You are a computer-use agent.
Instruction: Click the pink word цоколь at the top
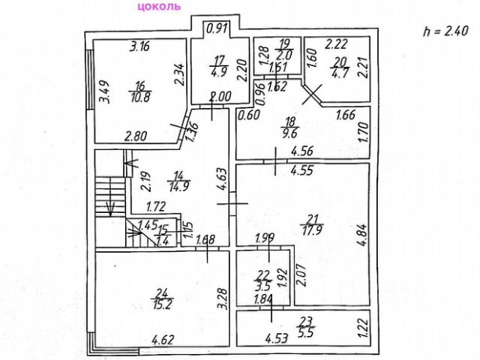click(158, 7)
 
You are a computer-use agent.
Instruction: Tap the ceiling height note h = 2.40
click(445, 31)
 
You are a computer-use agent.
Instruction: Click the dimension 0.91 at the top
click(217, 28)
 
